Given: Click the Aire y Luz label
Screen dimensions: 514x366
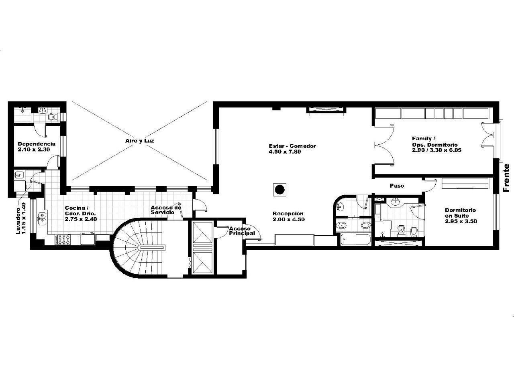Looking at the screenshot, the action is coord(139,141).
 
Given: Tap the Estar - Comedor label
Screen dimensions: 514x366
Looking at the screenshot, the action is coord(292,146).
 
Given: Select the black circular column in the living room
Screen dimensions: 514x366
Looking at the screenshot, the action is coord(280,189).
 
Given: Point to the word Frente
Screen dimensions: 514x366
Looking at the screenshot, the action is coord(506,178).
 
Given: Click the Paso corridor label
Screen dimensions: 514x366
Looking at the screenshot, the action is coord(397,186).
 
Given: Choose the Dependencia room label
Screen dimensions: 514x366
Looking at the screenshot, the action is coord(37,144).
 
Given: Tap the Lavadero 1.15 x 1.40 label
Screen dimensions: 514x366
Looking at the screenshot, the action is coord(21,218).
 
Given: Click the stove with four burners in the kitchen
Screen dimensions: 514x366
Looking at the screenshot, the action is coord(63,240).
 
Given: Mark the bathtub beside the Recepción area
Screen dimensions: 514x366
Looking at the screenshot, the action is coord(355,240).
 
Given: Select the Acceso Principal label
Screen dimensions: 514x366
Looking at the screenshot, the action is coord(242,231).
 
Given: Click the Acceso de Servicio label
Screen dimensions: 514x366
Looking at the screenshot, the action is coord(166,210).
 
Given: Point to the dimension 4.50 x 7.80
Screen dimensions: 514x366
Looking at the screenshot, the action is coord(285,152).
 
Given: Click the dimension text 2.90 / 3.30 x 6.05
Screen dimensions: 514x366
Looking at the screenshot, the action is coord(436,150).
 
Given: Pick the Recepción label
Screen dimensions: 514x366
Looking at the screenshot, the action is coord(288,213).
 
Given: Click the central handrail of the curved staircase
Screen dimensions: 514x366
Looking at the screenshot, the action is coord(152,247).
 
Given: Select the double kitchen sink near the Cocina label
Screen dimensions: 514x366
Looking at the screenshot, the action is coord(41,219).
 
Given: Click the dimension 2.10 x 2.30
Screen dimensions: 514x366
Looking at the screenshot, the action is coord(34,150).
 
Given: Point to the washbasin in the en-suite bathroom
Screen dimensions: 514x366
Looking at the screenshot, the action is coord(396,202).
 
